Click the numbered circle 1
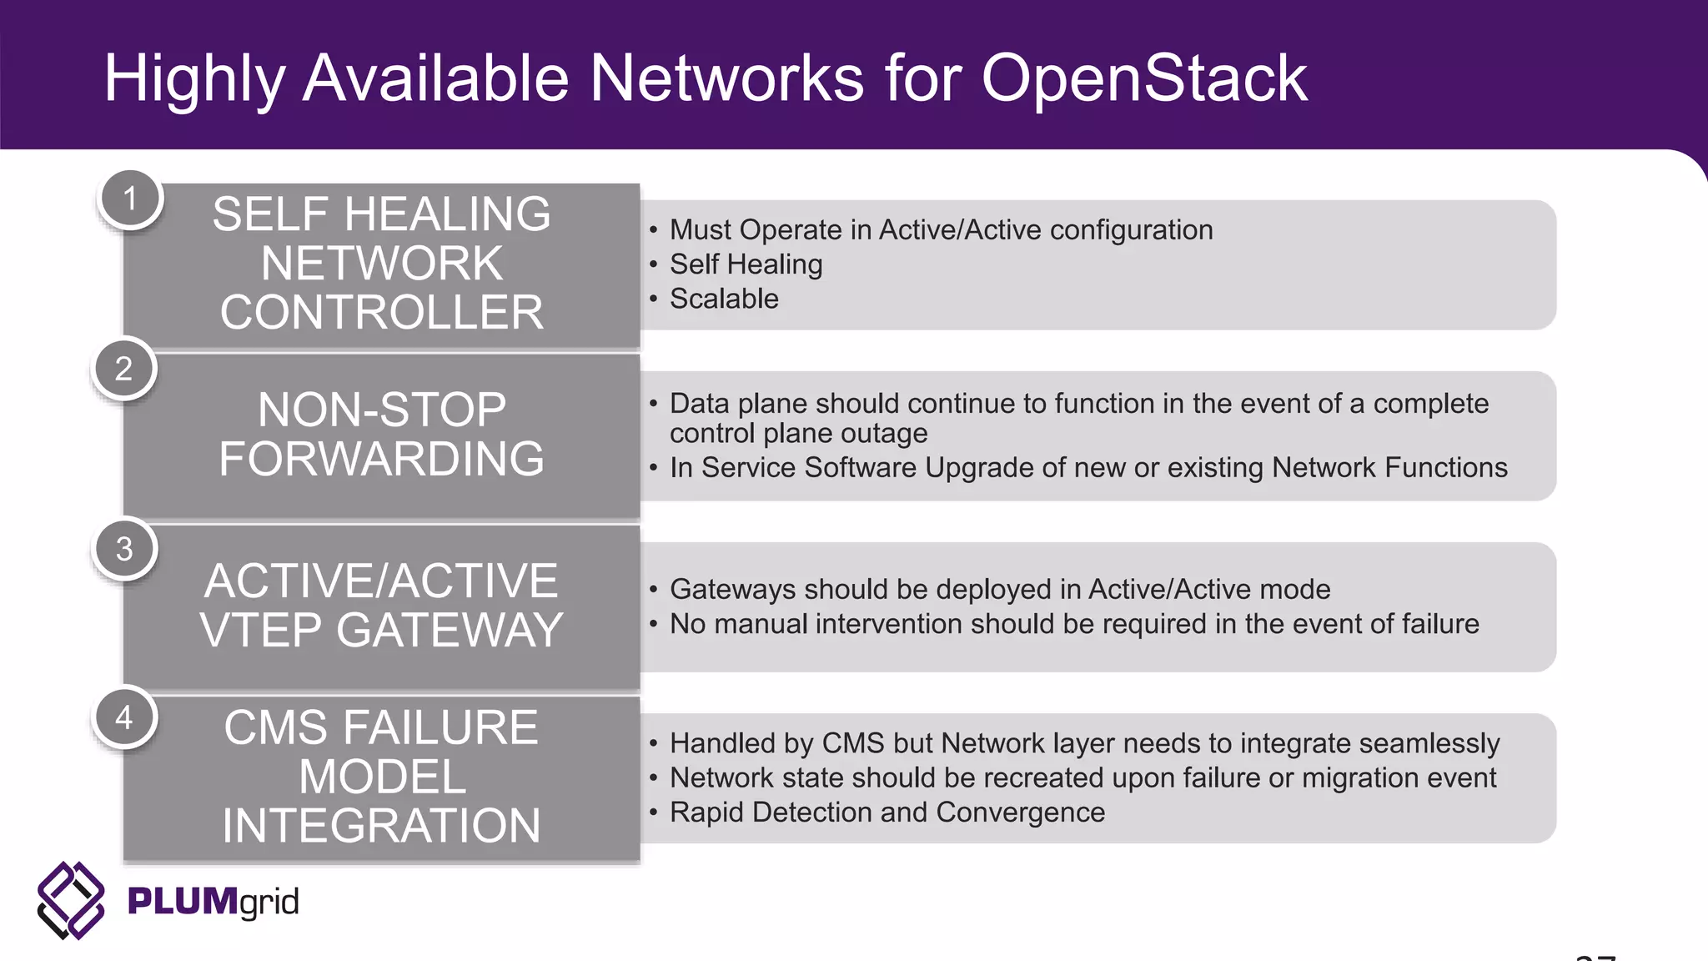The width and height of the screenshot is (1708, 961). tap(129, 199)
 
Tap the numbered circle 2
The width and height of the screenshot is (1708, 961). tap(123, 369)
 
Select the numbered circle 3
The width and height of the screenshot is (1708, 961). tap(123, 549)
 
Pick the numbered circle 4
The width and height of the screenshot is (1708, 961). tap(123, 717)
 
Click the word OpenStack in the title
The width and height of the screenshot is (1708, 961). tap(1143, 79)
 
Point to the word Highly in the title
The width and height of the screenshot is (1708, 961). tap(194, 79)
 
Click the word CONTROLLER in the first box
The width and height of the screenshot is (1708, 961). tap(381, 313)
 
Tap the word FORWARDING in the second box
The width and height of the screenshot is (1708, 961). tap(381, 459)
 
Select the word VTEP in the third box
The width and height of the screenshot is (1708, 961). tap(260, 630)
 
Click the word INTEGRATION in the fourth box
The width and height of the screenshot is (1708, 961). tap(381, 826)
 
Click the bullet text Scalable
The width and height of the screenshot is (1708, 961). tap(723, 299)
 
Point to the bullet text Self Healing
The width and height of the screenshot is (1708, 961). tap(746, 264)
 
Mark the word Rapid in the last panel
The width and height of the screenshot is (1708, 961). tap(706, 813)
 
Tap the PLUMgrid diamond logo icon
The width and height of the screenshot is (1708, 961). tap(71, 901)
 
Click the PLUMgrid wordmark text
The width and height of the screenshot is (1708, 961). tap(213, 902)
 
